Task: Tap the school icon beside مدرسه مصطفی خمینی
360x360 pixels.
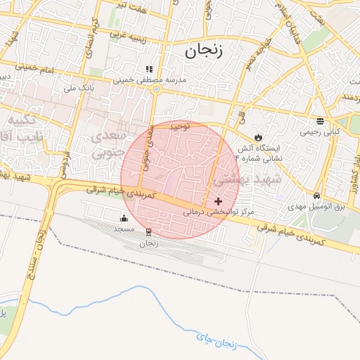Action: [x=148, y=69]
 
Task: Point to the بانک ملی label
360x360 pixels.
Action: [x=79, y=89]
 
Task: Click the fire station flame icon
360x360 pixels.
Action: [x=258, y=136]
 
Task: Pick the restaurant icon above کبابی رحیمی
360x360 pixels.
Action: [x=321, y=120]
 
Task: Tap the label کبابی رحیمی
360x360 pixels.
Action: [x=320, y=131]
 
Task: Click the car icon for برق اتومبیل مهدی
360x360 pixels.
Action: [x=318, y=195]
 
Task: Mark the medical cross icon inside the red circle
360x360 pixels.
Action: [x=218, y=201]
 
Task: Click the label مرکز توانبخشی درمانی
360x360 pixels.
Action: [x=214, y=212]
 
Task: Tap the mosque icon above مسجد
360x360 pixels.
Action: [x=125, y=218]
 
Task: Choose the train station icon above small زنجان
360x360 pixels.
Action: [x=148, y=231]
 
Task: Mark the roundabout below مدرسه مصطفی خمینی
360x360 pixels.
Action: [x=156, y=89]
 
